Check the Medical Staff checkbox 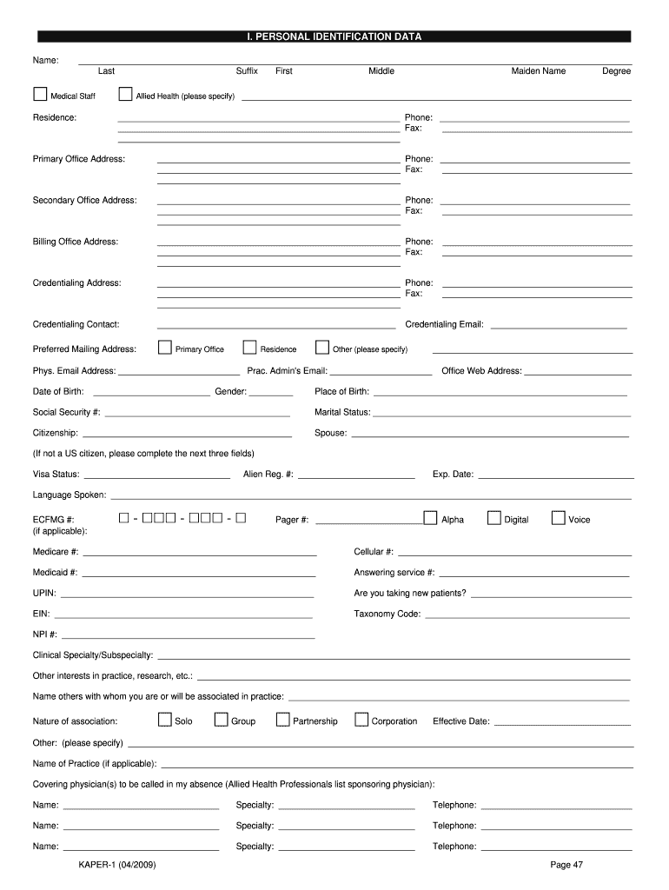point(40,94)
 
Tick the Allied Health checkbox point(125,94)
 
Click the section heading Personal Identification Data point(334,37)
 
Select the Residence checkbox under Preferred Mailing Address point(250,348)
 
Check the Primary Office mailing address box point(165,348)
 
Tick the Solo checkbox point(165,720)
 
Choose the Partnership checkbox point(282,720)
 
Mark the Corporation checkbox point(360,720)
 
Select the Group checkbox point(222,720)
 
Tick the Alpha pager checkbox point(430,518)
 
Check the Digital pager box point(494,518)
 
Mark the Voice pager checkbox point(558,518)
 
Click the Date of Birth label point(58,392)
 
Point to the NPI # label point(45,634)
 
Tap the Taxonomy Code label point(387,614)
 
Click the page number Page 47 point(566,864)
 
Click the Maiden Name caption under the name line point(538,71)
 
